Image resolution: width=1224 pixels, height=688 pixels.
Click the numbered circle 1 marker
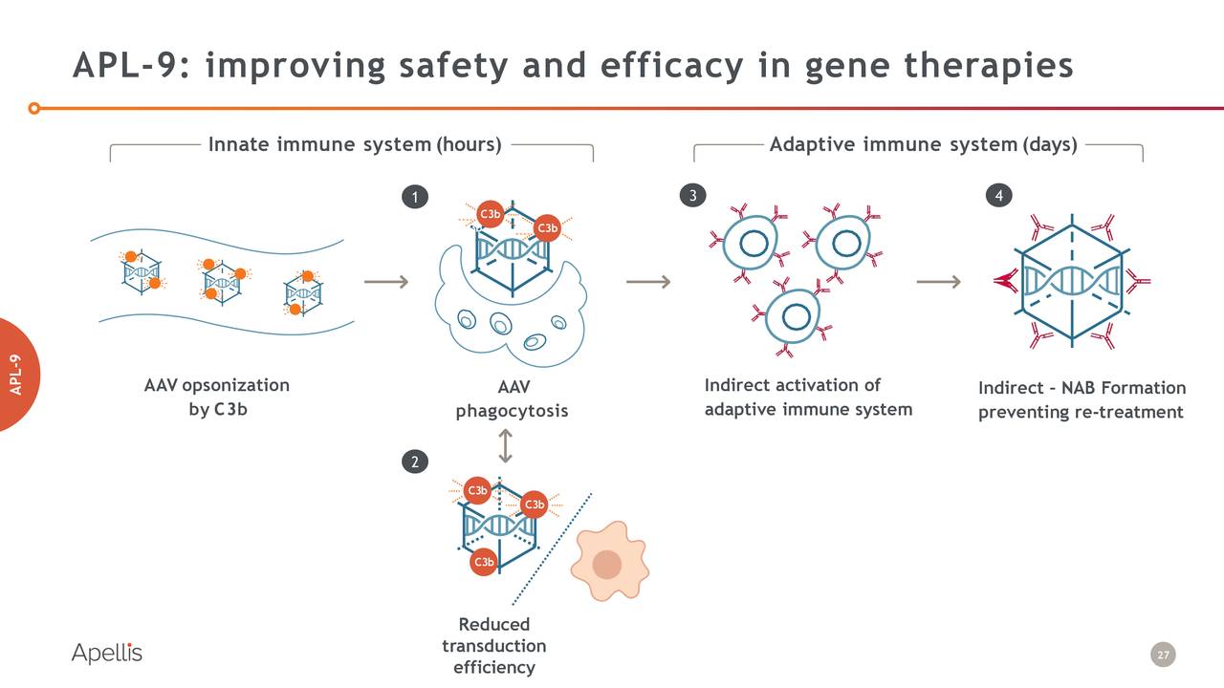(414, 198)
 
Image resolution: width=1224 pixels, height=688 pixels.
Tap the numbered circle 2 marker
(414, 462)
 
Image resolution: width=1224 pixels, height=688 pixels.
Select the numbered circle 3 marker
(691, 196)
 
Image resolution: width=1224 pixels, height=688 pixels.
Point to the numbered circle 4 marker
(998, 196)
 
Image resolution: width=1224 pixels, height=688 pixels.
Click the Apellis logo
(106, 654)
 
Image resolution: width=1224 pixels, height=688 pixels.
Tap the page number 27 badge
(1163, 656)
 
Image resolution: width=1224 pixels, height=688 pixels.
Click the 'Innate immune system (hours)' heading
(355, 144)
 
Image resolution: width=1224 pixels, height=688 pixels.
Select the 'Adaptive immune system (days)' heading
(923, 144)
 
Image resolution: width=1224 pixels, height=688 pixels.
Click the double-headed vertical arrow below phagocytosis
(505, 445)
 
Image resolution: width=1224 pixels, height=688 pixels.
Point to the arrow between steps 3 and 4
(938, 281)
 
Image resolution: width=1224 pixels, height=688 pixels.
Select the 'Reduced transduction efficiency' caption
(493, 646)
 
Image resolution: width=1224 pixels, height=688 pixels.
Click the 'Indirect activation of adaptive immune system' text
(808, 398)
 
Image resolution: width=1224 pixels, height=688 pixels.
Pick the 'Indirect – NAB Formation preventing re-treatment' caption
(1081, 399)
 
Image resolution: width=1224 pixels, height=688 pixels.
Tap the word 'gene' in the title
(848, 65)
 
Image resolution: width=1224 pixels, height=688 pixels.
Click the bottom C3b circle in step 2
(484, 562)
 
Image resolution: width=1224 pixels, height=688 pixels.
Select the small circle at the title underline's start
(34, 108)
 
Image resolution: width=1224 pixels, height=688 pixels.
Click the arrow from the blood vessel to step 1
(386, 281)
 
